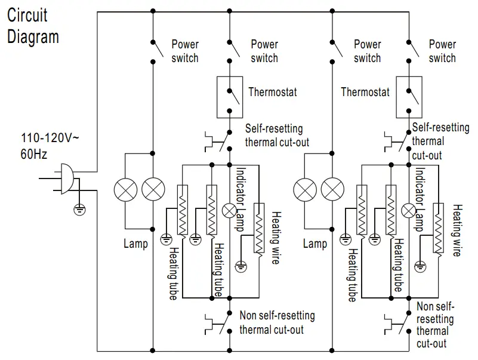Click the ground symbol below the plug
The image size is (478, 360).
pos(78,209)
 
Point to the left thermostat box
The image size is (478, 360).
pos(230,96)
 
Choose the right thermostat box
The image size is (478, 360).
pos(409,96)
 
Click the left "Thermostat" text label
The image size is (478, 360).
pos(272,93)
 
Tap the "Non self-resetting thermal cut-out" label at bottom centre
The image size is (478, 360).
pos(277,322)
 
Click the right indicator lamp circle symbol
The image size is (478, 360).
pos(409,210)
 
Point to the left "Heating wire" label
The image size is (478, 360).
pos(276,233)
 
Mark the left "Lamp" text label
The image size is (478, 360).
pos(135,244)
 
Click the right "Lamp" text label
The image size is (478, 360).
pos(314,244)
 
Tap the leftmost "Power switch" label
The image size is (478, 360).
pos(185,51)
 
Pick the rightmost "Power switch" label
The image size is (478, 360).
pos(442,51)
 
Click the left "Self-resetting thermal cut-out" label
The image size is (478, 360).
pos(277,136)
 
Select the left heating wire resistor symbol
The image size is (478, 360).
pos(259,228)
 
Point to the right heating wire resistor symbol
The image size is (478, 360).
pos(439,228)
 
